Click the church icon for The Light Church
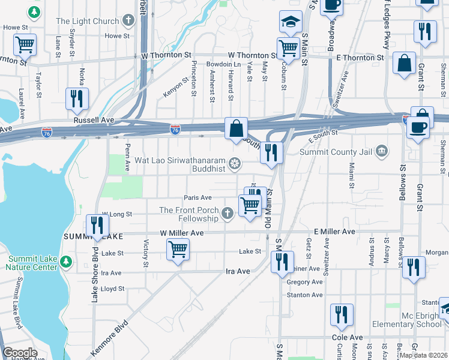127,22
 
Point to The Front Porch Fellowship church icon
227,213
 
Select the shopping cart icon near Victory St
178,248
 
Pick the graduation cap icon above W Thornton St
291,22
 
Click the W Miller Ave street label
182,233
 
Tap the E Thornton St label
360,58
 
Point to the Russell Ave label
94,120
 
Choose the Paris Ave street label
198,197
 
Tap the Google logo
20,353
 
